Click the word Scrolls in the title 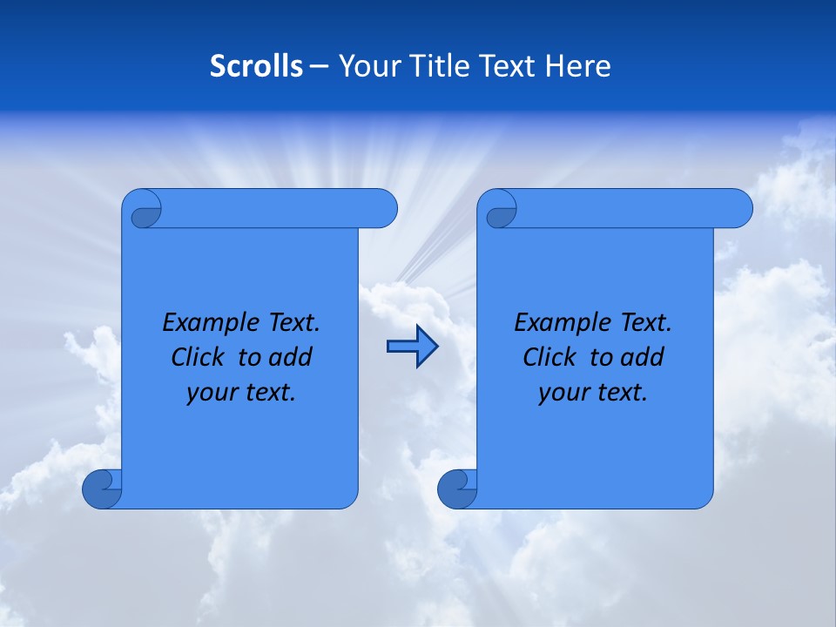click(257, 66)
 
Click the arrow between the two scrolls click(412, 347)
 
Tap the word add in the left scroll click(290, 357)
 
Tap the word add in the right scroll click(643, 357)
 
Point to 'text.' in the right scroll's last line click(623, 393)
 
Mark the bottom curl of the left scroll click(102, 489)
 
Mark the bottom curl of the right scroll click(457, 489)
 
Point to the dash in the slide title click(319, 66)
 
